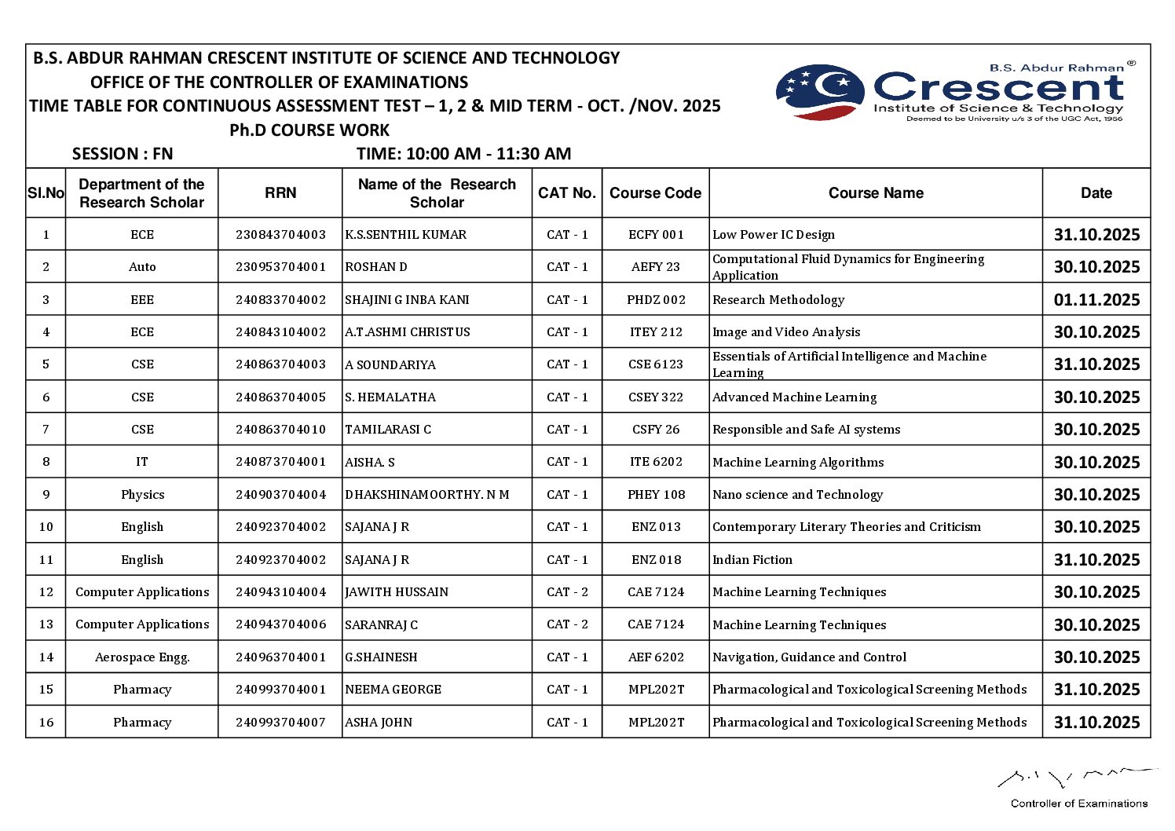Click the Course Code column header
click(x=655, y=193)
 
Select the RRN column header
click(x=280, y=193)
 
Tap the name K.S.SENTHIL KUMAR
click(x=405, y=235)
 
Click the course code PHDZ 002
click(x=656, y=300)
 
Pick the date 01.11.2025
click(x=1096, y=300)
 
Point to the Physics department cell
click(x=142, y=495)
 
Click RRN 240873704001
click(x=280, y=462)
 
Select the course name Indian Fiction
click(x=752, y=560)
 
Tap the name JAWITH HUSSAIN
click(x=397, y=592)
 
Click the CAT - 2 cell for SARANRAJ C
click(x=567, y=624)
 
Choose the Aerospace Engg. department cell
click(x=142, y=657)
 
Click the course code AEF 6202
click(x=656, y=657)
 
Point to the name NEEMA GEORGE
click(x=393, y=690)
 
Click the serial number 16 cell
click(x=46, y=723)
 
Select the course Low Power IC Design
click(x=774, y=235)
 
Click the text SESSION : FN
click(x=123, y=154)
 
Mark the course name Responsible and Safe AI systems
click(x=806, y=430)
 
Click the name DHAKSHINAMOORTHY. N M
click(x=426, y=495)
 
